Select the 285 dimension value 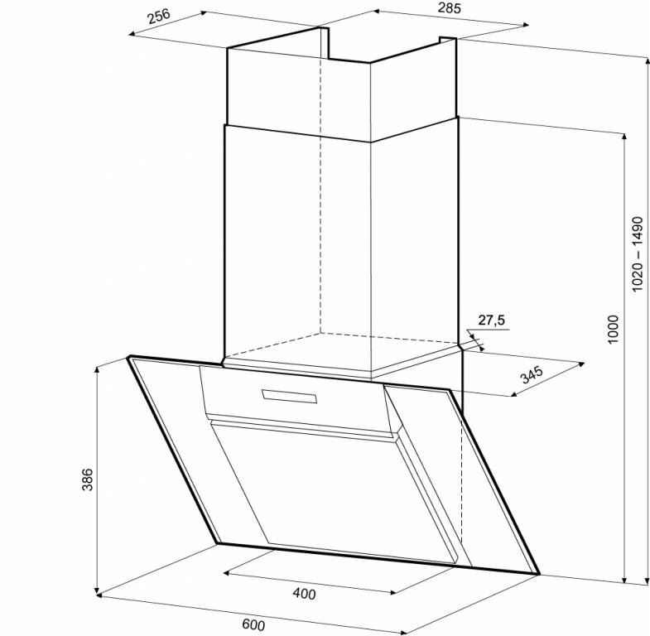click(449, 8)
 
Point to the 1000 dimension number click(613, 330)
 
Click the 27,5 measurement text click(492, 320)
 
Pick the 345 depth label click(532, 374)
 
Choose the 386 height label click(88, 479)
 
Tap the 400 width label click(304, 594)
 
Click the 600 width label click(253, 624)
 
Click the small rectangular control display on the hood click(289, 396)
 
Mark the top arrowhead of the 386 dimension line click(97, 369)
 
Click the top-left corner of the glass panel click(129, 356)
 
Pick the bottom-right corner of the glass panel click(538, 574)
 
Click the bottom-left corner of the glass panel click(217, 542)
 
